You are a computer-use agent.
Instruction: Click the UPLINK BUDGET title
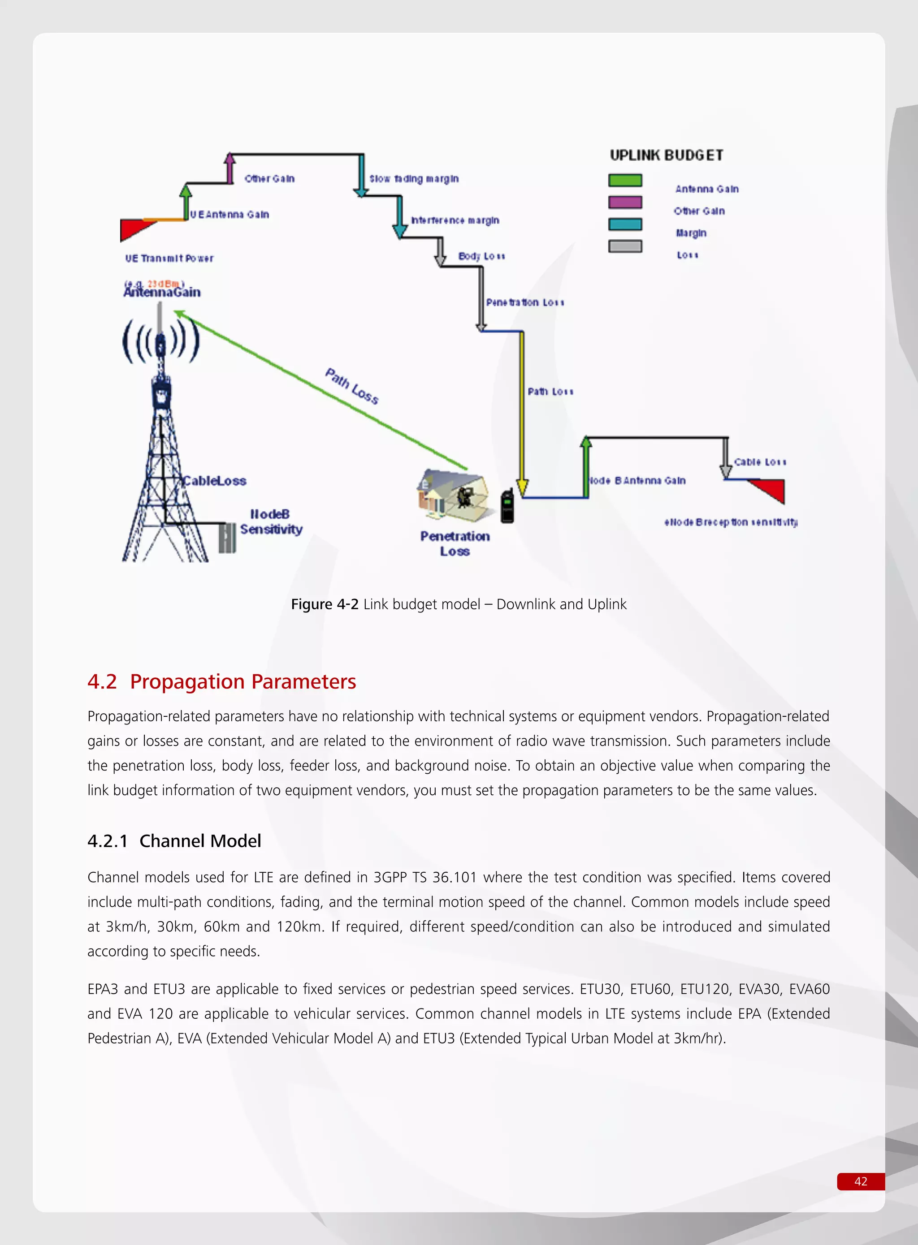[x=666, y=155]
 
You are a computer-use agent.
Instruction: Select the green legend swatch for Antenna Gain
[x=625, y=181]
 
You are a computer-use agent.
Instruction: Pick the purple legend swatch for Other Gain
[x=625, y=202]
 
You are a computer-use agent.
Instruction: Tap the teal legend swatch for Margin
[x=625, y=224]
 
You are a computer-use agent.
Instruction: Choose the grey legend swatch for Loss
[x=625, y=246]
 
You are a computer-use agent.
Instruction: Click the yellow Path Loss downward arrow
[x=522, y=411]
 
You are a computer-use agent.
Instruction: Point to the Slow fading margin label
[x=414, y=179]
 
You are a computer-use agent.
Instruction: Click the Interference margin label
[x=455, y=220]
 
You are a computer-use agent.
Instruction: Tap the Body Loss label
[x=481, y=256]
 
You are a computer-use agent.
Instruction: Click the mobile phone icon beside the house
[x=507, y=506]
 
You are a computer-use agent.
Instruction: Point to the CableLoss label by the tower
[x=215, y=481]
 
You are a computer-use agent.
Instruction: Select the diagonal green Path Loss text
[x=352, y=386]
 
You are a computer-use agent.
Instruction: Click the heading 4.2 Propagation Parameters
[x=222, y=681]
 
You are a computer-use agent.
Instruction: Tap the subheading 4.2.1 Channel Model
[x=174, y=841]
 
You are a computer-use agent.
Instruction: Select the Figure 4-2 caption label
[x=325, y=604]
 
